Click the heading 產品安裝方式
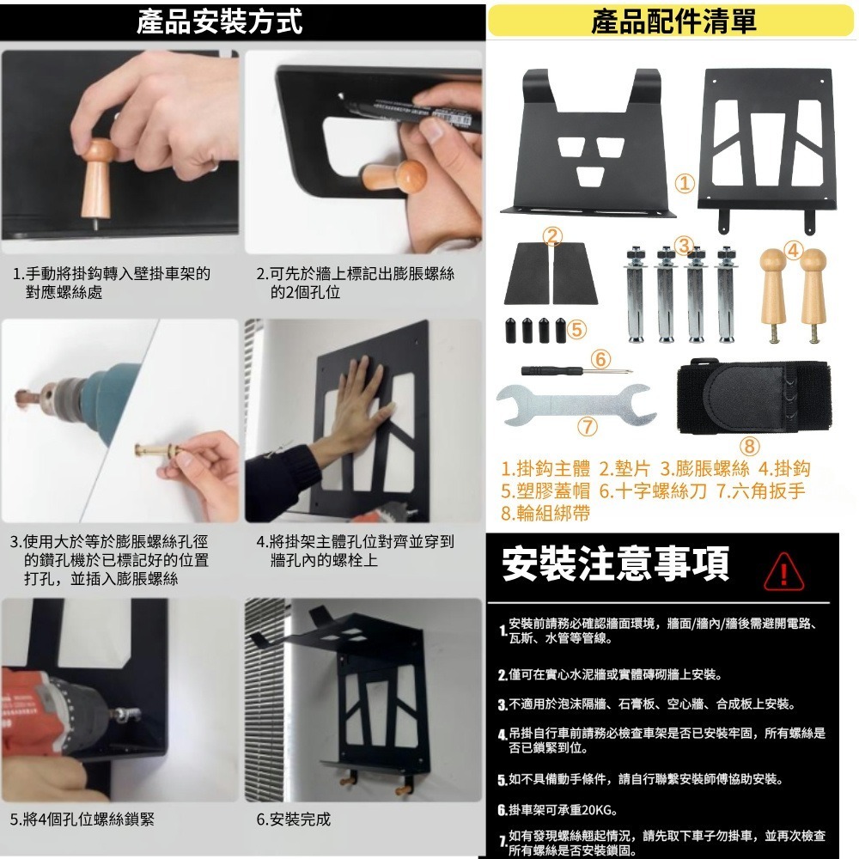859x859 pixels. click(x=220, y=21)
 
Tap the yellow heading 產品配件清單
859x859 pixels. click(x=672, y=21)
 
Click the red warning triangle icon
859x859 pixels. click(x=782, y=570)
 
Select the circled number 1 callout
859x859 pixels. click(x=685, y=183)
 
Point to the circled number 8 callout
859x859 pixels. click(x=749, y=446)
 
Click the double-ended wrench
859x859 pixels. click(x=576, y=400)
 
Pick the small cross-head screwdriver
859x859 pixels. click(x=576, y=370)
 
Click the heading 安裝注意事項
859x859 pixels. click(x=615, y=564)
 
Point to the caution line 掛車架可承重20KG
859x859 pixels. click(x=563, y=810)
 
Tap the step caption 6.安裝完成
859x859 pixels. click(x=293, y=819)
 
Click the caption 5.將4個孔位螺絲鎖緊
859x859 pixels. click(x=82, y=819)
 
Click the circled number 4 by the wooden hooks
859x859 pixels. click(x=793, y=252)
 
